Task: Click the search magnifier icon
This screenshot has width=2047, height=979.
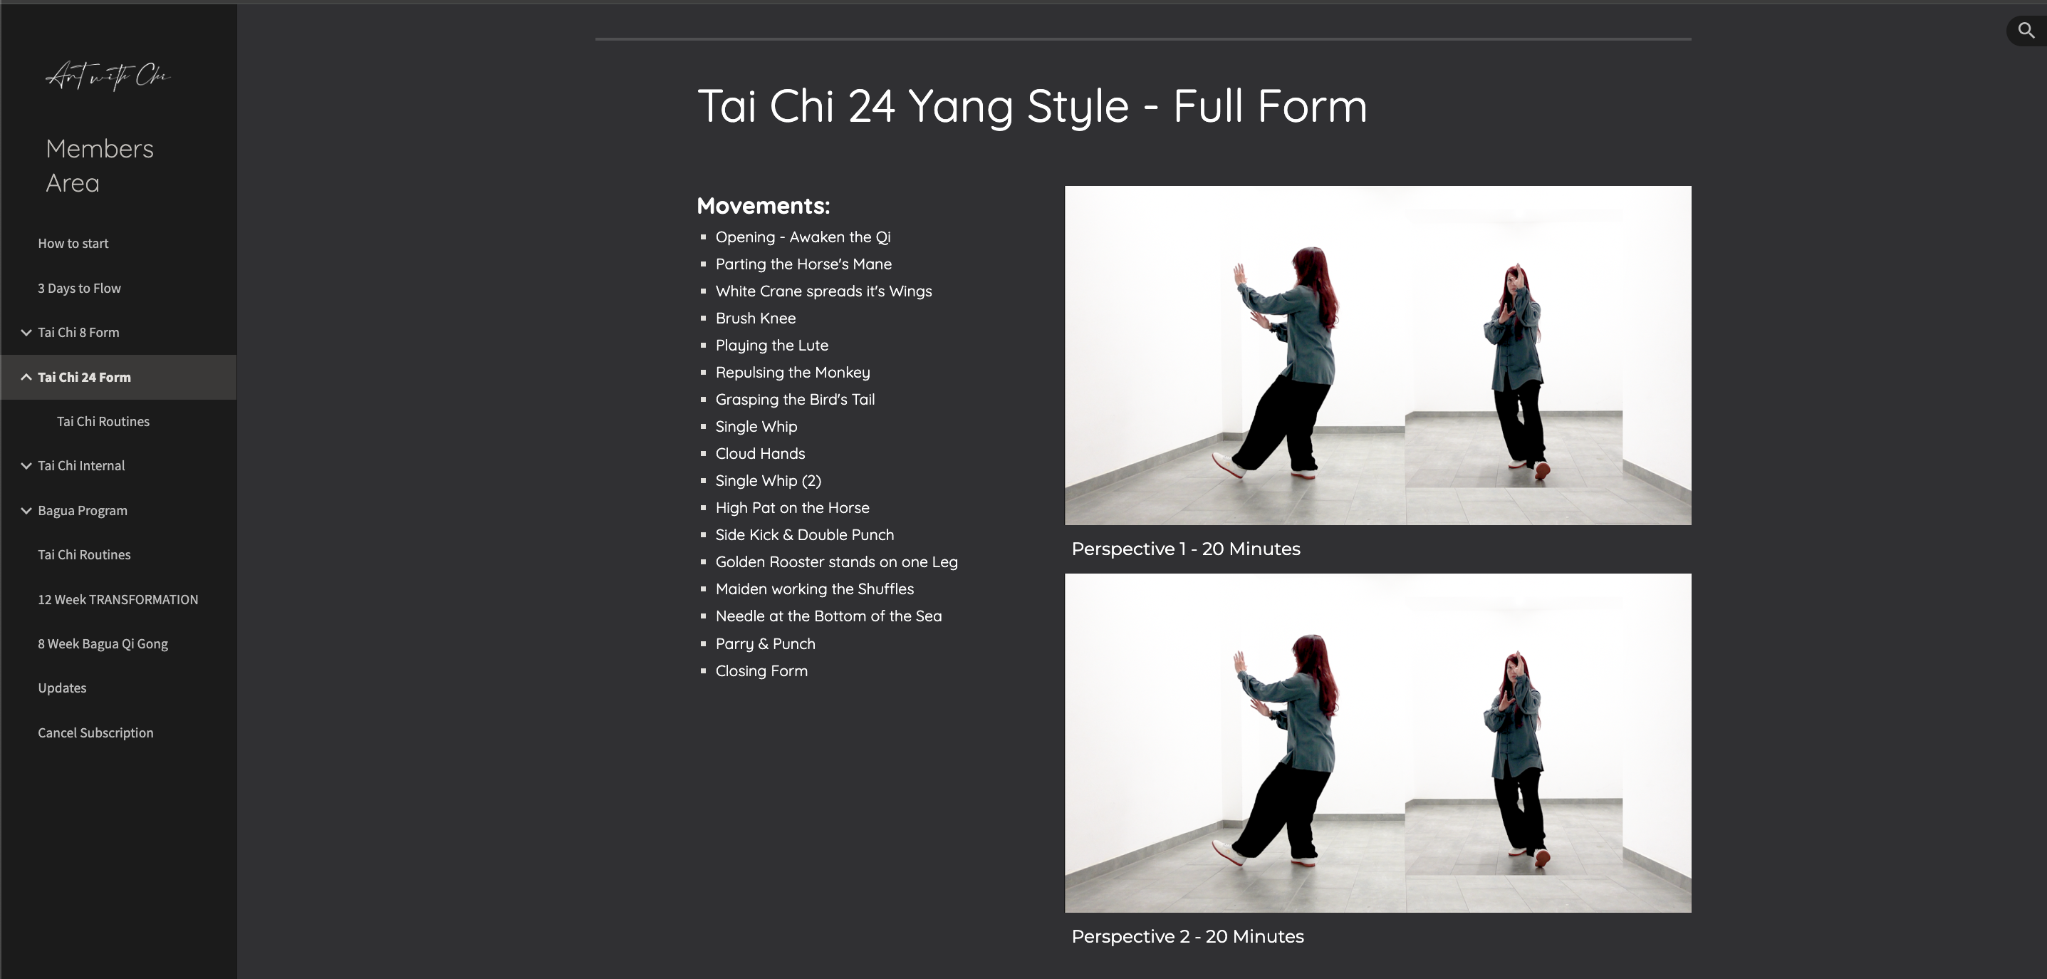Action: point(2026,31)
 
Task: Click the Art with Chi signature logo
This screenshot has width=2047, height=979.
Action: point(108,76)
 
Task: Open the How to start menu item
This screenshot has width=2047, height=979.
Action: point(73,243)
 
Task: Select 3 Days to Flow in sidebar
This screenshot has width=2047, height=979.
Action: point(80,288)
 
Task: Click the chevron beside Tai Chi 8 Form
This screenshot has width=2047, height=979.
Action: point(26,332)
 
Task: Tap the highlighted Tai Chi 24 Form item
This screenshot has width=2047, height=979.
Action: point(84,377)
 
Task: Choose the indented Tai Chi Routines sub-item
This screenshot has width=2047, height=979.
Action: point(103,421)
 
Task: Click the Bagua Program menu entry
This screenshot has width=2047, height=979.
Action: point(83,510)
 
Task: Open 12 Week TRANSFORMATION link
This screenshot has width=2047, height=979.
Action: point(118,599)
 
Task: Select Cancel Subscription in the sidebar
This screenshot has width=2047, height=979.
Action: point(95,732)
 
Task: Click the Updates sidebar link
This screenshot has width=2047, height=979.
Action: point(62,688)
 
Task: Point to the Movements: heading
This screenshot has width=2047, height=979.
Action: point(763,206)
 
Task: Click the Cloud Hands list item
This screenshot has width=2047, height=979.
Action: point(760,454)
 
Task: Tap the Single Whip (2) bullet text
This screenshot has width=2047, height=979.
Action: point(768,481)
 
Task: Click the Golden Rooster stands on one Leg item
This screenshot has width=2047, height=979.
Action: point(836,561)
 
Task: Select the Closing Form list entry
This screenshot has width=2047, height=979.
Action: point(761,670)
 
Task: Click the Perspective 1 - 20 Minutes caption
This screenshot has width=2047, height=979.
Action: point(1186,549)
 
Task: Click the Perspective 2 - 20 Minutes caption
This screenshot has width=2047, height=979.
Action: point(1187,937)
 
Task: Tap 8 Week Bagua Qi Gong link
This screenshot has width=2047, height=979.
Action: point(103,643)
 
